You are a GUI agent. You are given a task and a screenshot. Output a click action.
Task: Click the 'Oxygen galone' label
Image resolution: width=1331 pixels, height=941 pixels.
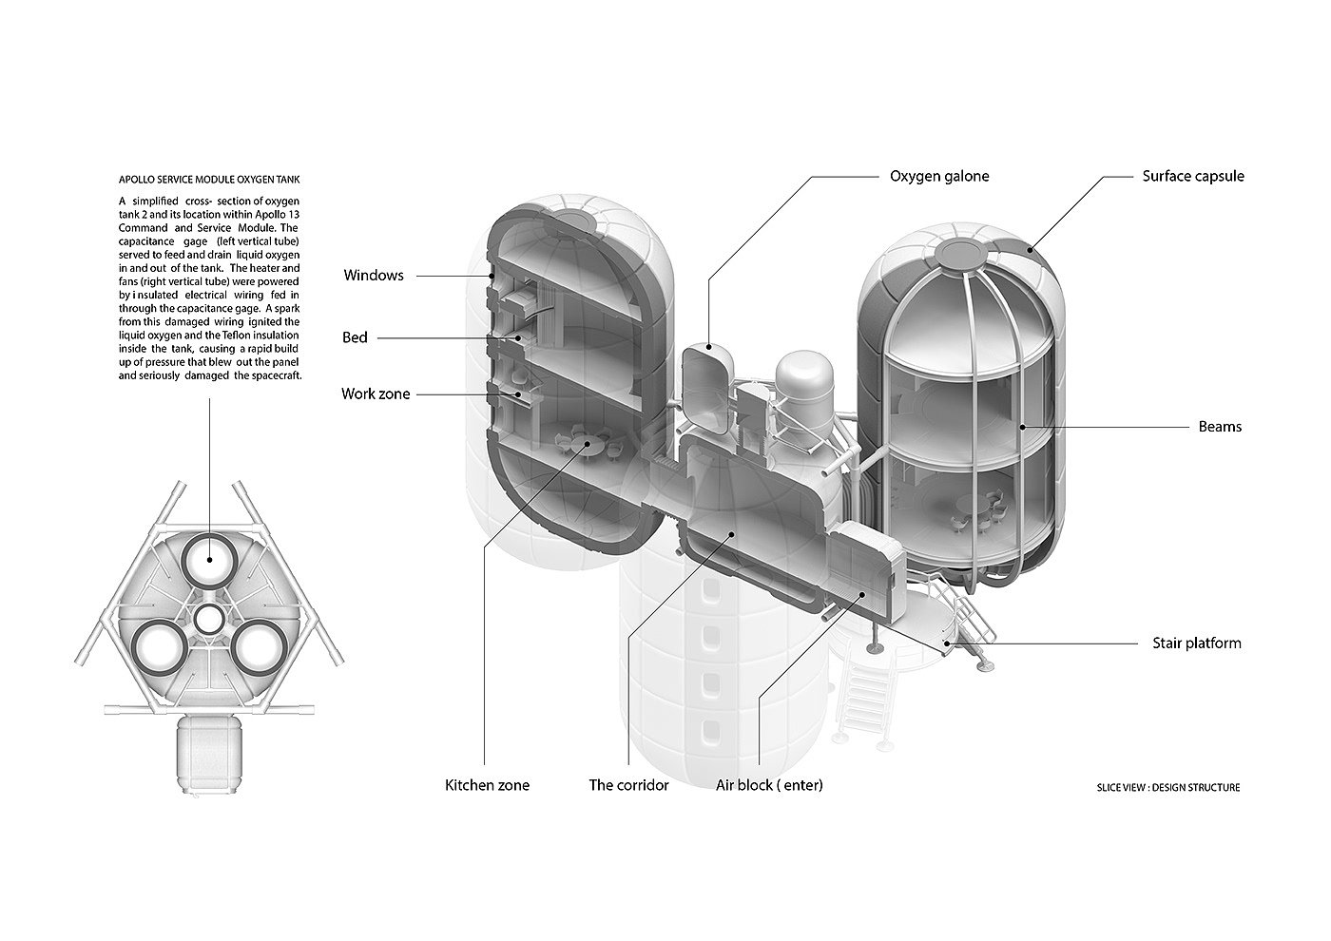click(939, 177)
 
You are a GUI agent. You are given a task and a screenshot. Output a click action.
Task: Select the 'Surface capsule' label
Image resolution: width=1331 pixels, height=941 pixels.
click(1193, 177)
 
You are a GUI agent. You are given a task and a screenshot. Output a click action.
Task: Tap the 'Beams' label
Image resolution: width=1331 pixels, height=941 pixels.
click(1220, 427)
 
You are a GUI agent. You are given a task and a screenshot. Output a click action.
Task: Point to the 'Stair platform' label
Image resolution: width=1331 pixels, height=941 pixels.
click(1197, 643)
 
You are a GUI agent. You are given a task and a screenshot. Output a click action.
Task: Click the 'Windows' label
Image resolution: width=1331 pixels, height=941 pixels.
click(374, 275)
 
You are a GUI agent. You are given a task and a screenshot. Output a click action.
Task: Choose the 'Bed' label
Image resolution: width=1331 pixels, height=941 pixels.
click(355, 337)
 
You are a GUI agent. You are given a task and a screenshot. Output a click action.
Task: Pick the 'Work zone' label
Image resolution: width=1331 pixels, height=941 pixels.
click(376, 394)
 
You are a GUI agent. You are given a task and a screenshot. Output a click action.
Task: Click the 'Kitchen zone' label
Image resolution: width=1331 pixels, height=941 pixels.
click(487, 785)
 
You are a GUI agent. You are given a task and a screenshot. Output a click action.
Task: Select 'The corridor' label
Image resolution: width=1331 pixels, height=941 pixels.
click(628, 785)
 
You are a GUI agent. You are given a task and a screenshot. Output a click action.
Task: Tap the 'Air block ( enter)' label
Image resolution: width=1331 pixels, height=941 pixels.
click(769, 785)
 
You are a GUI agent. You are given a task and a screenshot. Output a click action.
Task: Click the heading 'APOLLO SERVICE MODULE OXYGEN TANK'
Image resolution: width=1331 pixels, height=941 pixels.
click(209, 180)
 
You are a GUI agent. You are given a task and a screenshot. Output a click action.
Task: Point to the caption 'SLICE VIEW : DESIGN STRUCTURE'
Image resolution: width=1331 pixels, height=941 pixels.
click(1168, 788)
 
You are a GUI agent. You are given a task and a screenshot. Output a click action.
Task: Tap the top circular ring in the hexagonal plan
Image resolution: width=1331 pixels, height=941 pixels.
click(209, 560)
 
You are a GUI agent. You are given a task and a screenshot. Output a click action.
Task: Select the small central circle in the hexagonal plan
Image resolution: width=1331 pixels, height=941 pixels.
click(208, 620)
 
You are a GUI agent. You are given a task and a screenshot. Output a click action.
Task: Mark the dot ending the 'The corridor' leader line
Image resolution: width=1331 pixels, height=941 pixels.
click(731, 533)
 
